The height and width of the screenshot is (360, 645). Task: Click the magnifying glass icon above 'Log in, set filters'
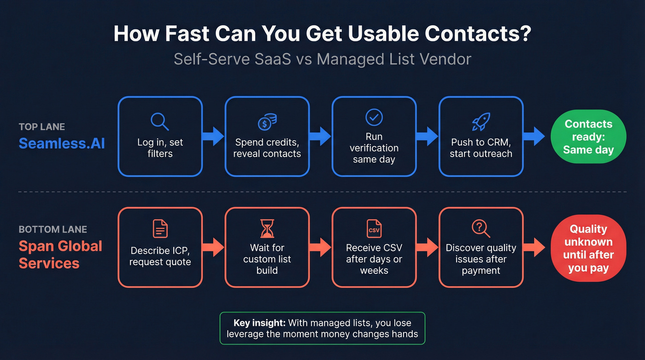[x=160, y=121]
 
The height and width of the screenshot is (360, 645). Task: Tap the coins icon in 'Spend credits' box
[x=267, y=122]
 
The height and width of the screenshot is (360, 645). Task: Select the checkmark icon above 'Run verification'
[x=374, y=117]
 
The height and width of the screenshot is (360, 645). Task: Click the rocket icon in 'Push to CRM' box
[x=481, y=122]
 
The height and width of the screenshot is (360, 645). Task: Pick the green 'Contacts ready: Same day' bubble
[x=588, y=137]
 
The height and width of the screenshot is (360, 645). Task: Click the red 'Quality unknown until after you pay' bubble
[x=588, y=248]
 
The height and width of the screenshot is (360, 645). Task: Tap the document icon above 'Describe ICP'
[x=160, y=229]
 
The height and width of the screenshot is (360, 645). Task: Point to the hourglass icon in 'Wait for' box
[x=267, y=229]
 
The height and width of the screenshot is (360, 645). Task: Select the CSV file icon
[x=374, y=229]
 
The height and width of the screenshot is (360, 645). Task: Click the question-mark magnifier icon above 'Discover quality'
[x=481, y=228]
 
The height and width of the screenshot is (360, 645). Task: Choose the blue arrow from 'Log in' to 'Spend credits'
[x=213, y=136]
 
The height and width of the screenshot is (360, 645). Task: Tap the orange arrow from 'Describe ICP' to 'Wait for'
[x=213, y=248]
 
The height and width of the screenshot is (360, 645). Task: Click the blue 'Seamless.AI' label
[x=62, y=143]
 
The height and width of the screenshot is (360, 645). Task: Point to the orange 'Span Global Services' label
[x=60, y=254]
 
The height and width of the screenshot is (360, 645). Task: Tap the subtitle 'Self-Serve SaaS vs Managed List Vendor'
[x=322, y=59]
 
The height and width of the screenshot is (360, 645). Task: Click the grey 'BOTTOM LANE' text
[x=53, y=230]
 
